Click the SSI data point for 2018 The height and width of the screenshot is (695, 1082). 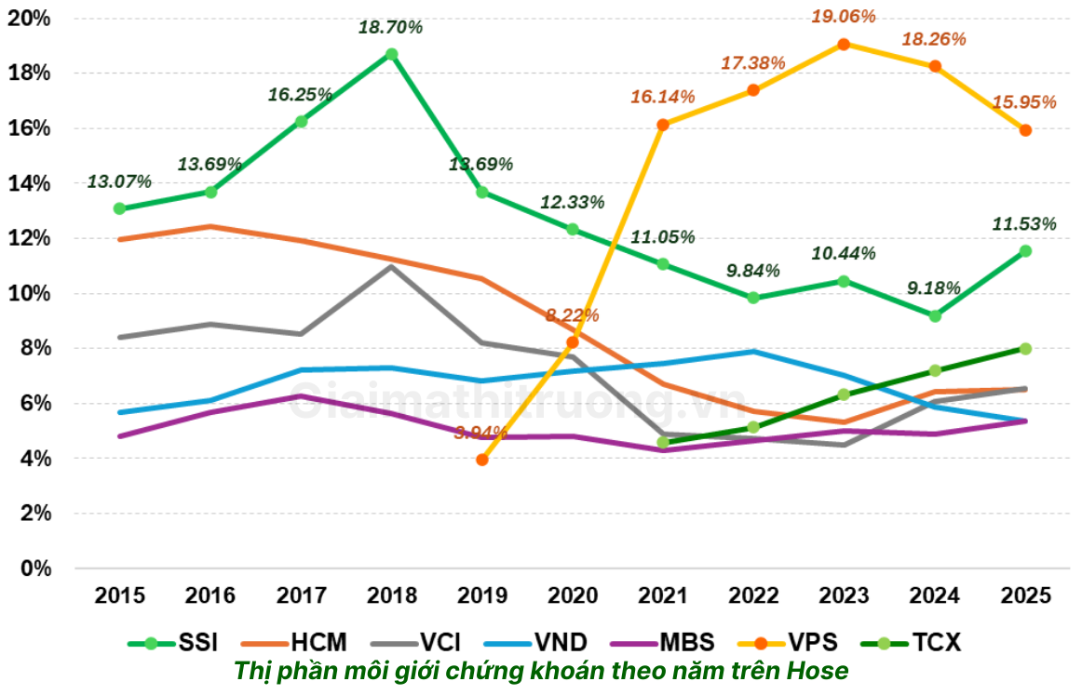pyautogui.click(x=392, y=54)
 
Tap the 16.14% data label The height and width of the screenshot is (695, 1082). pyautogui.click(x=662, y=97)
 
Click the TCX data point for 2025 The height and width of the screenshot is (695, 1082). pyautogui.click(x=1025, y=348)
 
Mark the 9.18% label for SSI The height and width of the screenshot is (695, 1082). pyautogui.click(x=934, y=288)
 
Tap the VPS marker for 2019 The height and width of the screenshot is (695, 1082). pyautogui.click(x=482, y=460)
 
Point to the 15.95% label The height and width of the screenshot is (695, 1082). pyautogui.click(x=1024, y=102)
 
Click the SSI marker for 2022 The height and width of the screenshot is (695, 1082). pyautogui.click(x=753, y=298)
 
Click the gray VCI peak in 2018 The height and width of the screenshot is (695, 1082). pyautogui.click(x=392, y=267)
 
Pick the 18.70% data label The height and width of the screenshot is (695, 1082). pyautogui.click(x=391, y=27)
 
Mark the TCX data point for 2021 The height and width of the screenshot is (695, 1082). pyautogui.click(x=663, y=442)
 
